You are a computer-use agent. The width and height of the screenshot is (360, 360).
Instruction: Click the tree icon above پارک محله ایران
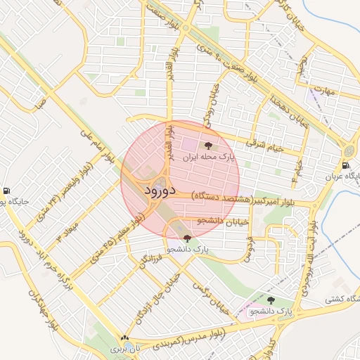pyautogui.click(x=208, y=146)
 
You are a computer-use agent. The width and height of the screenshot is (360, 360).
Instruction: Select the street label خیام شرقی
pyautogui.click(x=263, y=143)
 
